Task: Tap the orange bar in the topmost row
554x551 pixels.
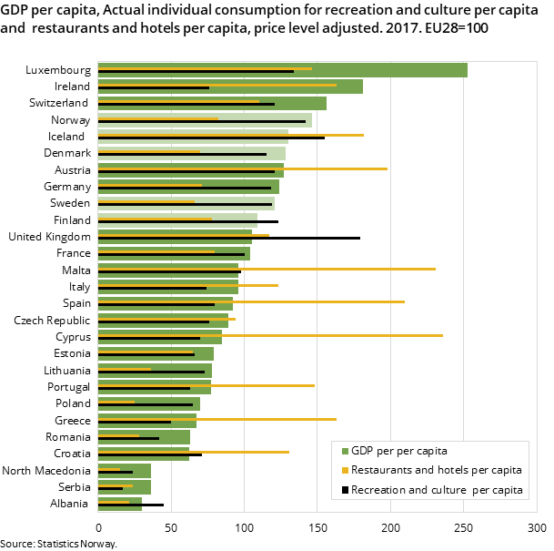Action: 205,68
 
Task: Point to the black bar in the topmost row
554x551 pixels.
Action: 196,72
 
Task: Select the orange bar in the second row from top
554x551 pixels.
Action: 217,85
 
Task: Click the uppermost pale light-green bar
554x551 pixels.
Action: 205,120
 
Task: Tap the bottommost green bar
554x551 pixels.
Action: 120,504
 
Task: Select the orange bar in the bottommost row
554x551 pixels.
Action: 114,502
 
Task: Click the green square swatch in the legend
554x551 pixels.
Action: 346,451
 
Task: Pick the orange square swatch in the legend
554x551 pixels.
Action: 346,471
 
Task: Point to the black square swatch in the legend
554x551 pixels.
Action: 346,490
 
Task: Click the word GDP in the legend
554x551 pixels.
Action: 363,451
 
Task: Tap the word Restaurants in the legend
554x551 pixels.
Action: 379,471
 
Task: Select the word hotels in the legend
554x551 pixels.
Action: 445,471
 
